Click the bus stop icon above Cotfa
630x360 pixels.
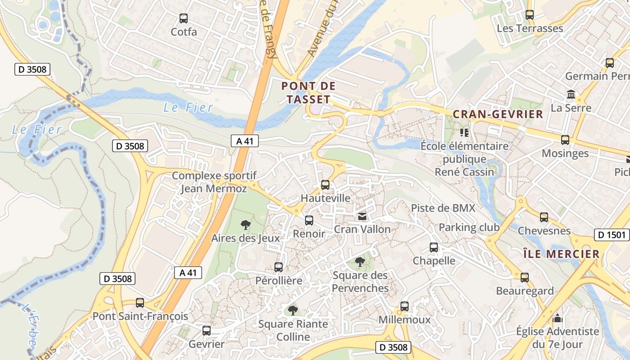coord(184,18)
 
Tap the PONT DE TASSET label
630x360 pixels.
coord(309,93)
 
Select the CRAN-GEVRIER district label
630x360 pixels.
coord(498,114)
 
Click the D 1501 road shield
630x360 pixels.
coord(612,235)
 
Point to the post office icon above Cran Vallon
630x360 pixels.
coord(362,216)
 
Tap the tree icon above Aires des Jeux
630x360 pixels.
coord(246,225)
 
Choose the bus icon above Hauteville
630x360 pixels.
coord(325,185)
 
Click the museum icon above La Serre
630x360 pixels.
coord(571,95)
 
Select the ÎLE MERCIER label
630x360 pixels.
coord(562,254)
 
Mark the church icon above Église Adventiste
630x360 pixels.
coord(558,319)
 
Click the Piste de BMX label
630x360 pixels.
coord(443,208)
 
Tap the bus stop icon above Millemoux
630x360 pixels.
coord(405,306)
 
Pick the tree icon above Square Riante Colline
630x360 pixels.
coord(293,310)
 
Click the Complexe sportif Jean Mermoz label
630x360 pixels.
coord(214,182)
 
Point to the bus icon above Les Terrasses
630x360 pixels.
coord(530,15)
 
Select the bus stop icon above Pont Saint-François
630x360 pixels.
coord(140,303)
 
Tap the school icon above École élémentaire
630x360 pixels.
coord(464,133)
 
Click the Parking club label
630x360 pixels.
coord(469,227)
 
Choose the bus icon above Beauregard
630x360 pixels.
coord(525,278)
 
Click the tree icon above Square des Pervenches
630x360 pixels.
coord(360,261)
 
